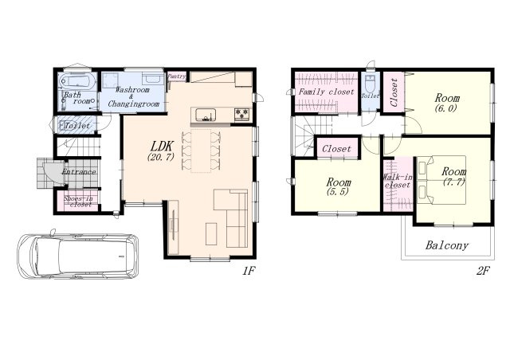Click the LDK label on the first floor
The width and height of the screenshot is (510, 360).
point(161,146)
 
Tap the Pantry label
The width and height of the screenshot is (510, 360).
point(176,76)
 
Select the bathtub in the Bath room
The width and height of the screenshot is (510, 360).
point(78,81)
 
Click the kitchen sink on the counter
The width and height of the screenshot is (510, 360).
point(206,115)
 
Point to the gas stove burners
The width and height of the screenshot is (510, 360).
point(242,115)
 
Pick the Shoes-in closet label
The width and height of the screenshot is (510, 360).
point(79,202)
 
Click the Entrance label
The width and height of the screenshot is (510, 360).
point(79,172)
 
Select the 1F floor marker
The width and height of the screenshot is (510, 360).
point(249,271)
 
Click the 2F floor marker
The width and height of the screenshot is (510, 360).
point(484,271)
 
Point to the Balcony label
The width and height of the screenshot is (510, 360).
point(447,245)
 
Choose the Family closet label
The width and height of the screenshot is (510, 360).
point(326,92)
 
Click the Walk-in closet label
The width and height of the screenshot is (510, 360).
point(398,181)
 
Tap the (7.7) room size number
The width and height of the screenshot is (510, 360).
point(453,182)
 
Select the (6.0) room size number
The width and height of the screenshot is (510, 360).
point(446,108)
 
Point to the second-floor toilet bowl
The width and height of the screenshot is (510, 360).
point(370,84)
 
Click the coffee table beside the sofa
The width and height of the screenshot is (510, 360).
point(211,234)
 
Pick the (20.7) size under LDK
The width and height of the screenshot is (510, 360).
point(161,157)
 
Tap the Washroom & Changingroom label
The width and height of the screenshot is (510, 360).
point(133,97)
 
